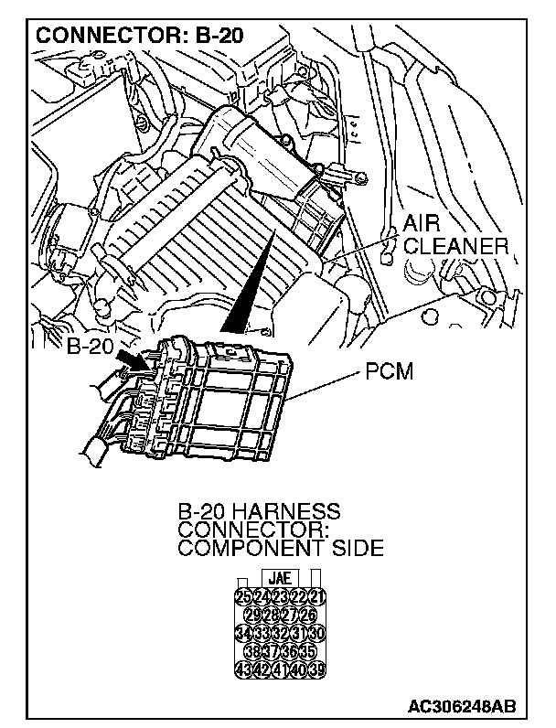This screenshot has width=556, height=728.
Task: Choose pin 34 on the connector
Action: [x=243, y=633]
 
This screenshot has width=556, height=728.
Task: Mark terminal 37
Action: [x=270, y=650]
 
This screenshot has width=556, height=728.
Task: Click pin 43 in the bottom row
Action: [x=243, y=668]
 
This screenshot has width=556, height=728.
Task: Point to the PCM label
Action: [x=390, y=372]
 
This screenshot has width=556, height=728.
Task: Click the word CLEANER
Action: [x=455, y=247]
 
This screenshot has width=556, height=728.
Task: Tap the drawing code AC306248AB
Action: [x=464, y=707]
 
